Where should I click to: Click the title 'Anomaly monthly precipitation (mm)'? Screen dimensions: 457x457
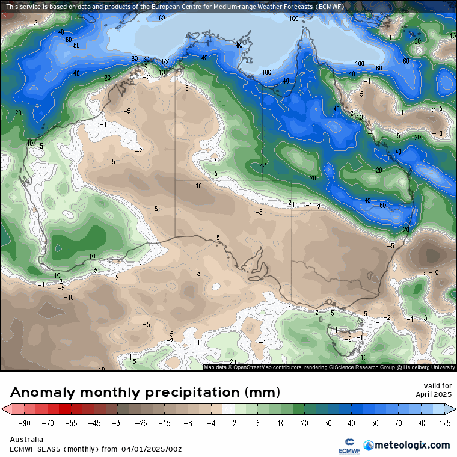click(x=145, y=393)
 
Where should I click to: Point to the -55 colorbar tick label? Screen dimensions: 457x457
click(x=71, y=423)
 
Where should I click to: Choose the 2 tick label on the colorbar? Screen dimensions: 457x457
click(x=234, y=423)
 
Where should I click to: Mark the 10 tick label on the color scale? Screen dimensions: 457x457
click(x=280, y=423)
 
